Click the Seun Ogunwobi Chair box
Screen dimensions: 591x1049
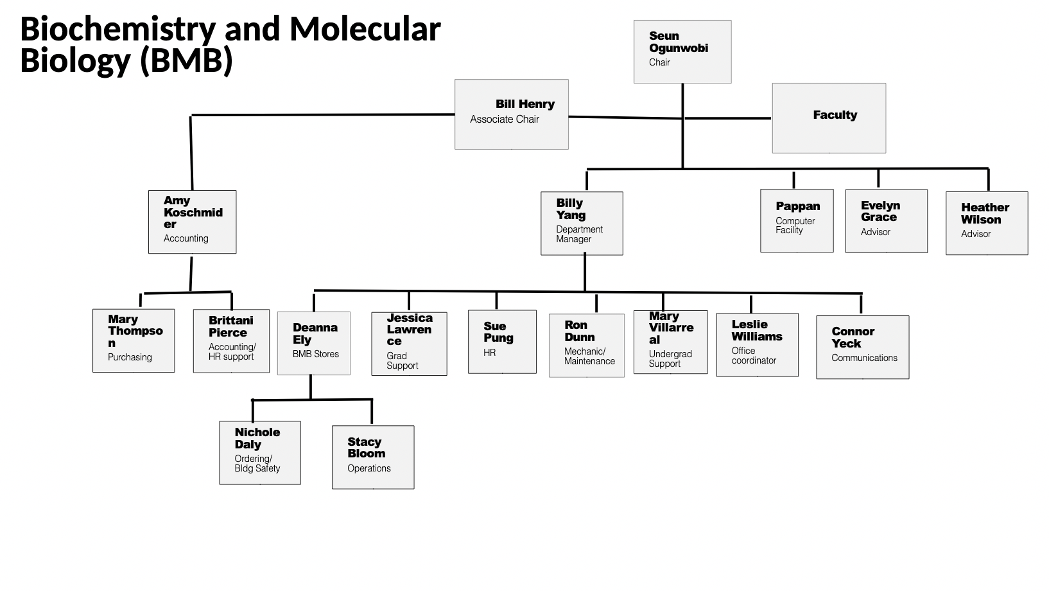pos(682,51)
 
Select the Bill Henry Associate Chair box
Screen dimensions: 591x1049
pos(511,114)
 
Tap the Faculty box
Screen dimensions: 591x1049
pos(828,118)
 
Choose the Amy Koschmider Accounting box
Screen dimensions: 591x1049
pos(192,222)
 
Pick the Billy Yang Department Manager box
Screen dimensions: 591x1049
pos(582,223)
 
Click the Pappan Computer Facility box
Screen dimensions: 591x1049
pos(797,220)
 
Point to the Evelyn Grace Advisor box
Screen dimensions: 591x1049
pos(886,220)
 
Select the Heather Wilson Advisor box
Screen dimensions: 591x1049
pos(986,223)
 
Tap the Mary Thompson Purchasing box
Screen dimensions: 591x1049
pos(134,340)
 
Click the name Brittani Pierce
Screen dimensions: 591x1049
pos(230,326)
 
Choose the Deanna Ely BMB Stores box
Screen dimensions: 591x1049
pos(313,343)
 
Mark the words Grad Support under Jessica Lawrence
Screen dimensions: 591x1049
pos(402,360)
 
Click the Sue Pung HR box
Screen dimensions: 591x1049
pos(501,342)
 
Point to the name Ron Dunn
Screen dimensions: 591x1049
pos(579,331)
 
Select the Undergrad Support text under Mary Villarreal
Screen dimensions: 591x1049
pos(670,358)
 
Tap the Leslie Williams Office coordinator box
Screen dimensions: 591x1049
pos(757,344)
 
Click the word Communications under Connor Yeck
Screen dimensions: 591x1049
pos(864,358)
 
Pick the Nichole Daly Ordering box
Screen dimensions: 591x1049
pos(259,452)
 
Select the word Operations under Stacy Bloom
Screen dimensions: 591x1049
pos(368,468)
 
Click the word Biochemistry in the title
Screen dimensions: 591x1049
pos(117,29)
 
